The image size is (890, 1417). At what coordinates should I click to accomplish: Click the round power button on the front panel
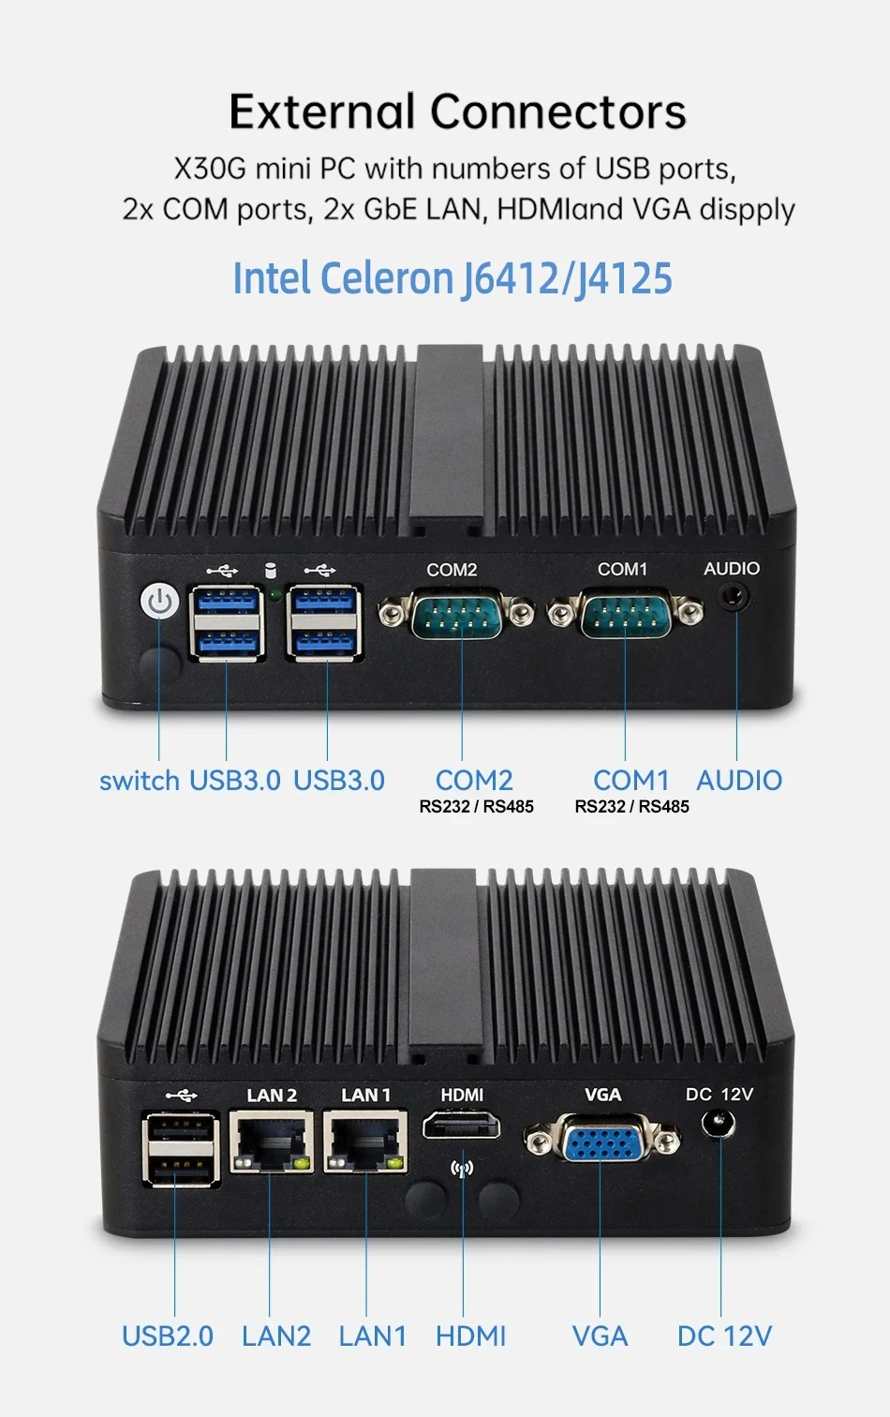click(160, 602)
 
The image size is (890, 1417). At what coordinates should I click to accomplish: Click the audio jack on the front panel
click(736, 596)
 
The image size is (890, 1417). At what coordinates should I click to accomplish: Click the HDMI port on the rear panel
click(461, 1125)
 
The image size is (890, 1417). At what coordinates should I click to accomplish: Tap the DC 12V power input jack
click(719, 1123)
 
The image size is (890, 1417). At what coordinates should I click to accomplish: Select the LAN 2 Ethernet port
click(271, 1141)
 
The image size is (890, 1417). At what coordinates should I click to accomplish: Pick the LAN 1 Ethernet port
click(365, 1141)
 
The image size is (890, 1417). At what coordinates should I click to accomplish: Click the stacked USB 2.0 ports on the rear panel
click(181, 1148)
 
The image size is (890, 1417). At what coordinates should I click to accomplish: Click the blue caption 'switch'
click(139, 781)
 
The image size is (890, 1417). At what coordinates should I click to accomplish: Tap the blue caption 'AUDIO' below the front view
click(739, 781)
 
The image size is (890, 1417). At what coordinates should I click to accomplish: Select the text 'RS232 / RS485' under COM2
click(476, 807)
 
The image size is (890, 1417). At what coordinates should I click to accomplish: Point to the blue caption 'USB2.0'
click(168, 1335)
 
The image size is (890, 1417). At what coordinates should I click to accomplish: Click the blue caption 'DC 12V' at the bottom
click(724, 1335)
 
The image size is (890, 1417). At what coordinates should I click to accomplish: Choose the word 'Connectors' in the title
click(558, 112)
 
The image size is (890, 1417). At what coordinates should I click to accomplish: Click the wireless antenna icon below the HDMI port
click(462, 1169)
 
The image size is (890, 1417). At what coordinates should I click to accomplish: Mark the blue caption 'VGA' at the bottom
click(600, 1335)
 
